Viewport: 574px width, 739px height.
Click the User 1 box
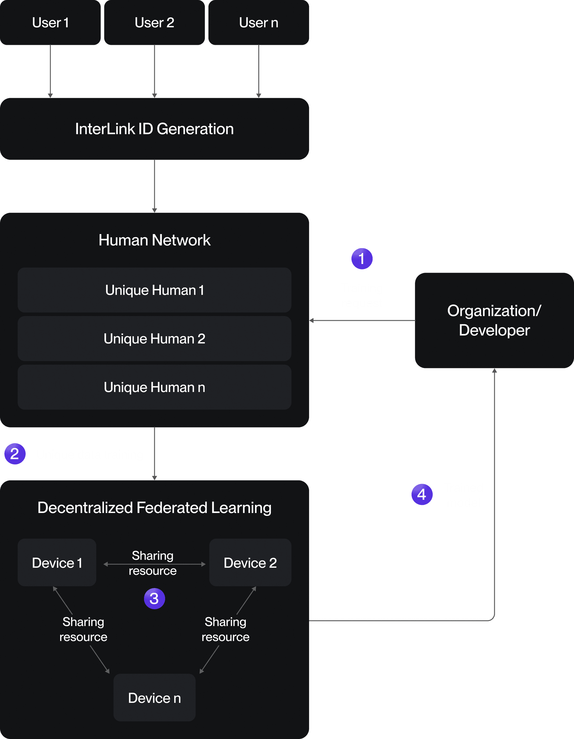tap(50, 22)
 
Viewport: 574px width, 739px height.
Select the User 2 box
tap(154, 22)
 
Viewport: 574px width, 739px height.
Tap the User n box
tap(259, 22)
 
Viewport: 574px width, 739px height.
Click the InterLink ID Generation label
tap(154, 129)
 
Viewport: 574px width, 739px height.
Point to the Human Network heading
tap(154, 240)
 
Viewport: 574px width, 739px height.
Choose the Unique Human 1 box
tap(154, 290)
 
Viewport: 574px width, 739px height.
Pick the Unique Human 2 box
tap(154, 339)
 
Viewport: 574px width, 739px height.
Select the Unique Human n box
tap(154, 387)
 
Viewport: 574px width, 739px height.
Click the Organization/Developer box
tap(494, 320)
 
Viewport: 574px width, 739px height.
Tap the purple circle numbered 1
tap(362, 259)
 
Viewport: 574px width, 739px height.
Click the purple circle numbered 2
tap(15, 454)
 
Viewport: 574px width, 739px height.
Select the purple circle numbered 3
tap(154, 598)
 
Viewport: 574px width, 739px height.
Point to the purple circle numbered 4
tap(422, 494)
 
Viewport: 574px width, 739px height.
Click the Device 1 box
tap(57, 563)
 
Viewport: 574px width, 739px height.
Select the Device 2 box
tap(250, 563)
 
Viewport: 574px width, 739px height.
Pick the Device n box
tap(154, 698)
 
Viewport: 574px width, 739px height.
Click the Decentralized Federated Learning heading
tap(154, 508)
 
